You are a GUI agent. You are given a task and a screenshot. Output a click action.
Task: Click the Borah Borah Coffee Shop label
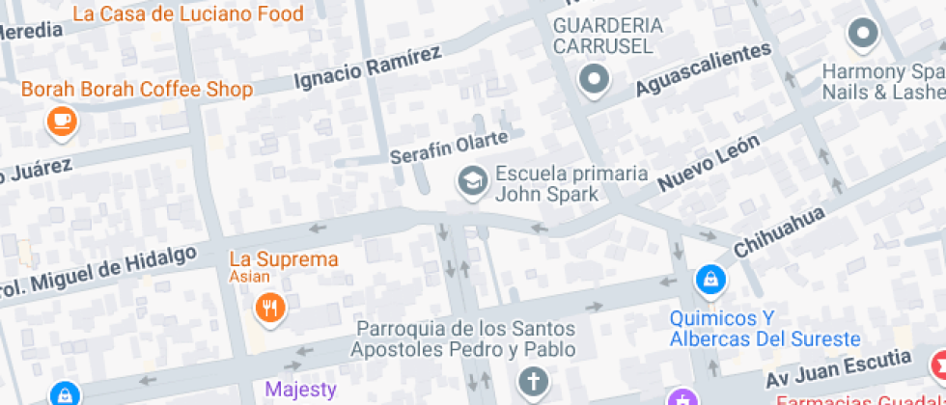137,90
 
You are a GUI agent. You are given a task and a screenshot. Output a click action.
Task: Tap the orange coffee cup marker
63,121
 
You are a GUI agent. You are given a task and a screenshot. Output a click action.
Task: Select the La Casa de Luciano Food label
187,13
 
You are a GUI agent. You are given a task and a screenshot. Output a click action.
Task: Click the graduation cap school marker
472,181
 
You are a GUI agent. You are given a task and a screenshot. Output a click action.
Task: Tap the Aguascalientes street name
704,70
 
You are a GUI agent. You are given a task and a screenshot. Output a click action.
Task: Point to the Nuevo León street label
709,162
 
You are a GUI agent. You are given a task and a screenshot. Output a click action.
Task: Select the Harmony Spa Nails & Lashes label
881,82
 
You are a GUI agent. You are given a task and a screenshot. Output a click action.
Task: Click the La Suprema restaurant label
284,260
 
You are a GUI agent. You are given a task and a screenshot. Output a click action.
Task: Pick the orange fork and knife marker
268,308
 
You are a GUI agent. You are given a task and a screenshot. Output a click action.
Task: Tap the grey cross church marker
532,382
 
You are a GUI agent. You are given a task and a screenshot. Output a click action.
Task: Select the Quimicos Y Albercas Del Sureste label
765,329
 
